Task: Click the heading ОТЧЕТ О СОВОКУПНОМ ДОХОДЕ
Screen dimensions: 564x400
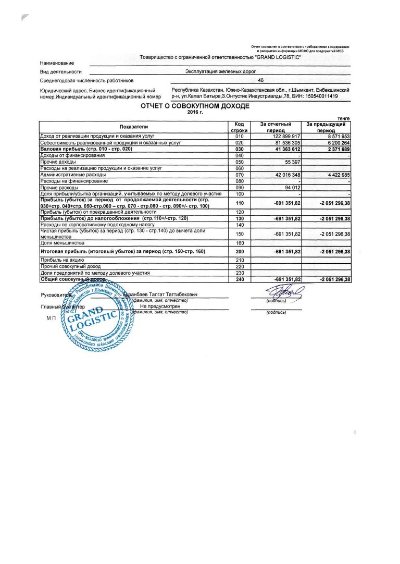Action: (x=195, y=106)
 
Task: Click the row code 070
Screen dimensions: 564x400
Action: (x=240, y=175)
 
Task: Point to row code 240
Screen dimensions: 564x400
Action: (x=240, y=279)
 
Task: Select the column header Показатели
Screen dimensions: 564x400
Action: (x=134, y=127)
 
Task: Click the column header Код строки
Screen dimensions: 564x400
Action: (x=240, y=127)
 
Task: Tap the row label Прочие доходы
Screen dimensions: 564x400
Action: (x=58, y=162)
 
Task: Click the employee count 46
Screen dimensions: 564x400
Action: (x=260, y=81)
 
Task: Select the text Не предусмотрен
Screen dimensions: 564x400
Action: (x=160, y=306)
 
